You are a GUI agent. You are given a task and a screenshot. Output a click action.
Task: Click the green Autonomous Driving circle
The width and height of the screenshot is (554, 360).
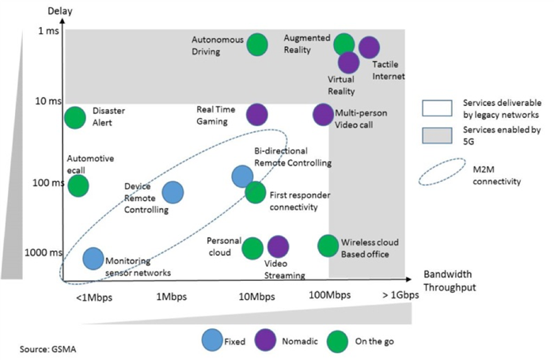[256, 45]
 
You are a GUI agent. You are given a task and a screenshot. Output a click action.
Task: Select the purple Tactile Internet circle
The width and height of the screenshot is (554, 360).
[369, 47]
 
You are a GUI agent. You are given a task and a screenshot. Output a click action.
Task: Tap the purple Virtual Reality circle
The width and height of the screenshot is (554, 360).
[348, 62]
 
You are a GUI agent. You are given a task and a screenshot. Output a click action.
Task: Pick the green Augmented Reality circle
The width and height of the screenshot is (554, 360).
[343, 44]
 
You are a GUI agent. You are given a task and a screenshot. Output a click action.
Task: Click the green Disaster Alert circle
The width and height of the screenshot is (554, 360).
[74, 118]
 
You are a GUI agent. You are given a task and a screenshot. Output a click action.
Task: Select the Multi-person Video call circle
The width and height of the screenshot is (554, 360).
[322, 115]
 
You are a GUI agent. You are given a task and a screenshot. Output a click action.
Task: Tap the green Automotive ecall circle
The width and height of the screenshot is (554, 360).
[78, 186]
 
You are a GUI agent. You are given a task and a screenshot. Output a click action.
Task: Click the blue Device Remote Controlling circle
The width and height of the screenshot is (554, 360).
[173, 191]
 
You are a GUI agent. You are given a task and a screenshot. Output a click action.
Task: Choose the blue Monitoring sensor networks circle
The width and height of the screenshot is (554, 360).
[93, 258]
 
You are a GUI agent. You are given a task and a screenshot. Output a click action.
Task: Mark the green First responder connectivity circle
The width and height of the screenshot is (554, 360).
[255, 192]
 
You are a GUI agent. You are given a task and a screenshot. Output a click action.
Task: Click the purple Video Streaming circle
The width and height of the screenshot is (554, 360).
[278, 247]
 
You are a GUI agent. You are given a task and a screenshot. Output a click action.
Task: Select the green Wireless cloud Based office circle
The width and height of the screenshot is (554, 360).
[328, 245]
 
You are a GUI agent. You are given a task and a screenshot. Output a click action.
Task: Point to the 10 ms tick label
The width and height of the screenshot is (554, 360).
[49, 103]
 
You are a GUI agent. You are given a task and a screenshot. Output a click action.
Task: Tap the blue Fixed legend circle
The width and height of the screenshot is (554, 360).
[211, 341]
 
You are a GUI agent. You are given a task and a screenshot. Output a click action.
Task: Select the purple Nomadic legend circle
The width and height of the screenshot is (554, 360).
[263, 341]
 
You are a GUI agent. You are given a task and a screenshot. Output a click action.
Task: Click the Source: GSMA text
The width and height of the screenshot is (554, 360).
[48, 348]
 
